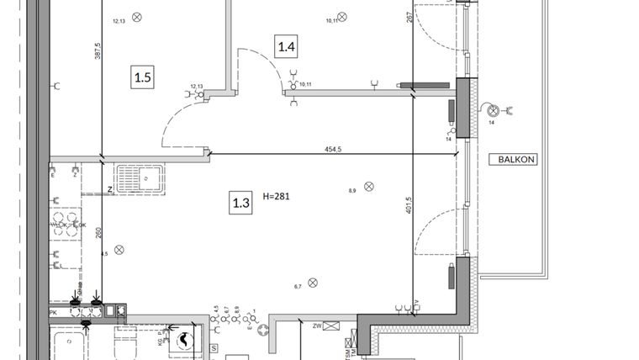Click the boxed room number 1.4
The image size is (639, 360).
coord(286,46)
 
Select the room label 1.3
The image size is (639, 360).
coord(241,201)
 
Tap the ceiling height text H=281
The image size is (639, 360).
coord(276,197)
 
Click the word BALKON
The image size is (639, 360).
coord(518,159)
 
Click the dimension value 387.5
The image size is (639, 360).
coord(98,52)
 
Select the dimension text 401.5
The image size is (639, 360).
coord(409,206)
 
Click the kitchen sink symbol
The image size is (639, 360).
coord(140,179)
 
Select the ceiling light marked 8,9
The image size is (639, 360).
coord(368,186)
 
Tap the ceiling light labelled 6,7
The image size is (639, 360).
coord(313,283)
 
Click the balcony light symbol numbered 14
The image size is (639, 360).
coord(494,110)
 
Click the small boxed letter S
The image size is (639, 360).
coord(214,347)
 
